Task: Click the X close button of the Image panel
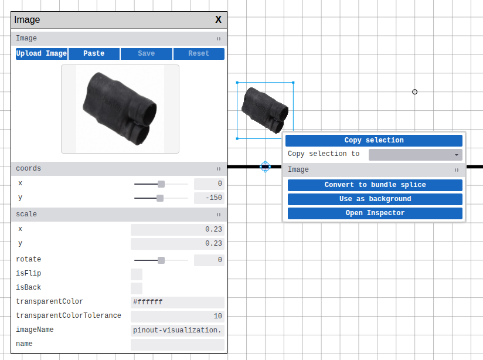point(219,19)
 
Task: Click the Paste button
point(94,53)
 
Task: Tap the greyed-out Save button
point(146,53)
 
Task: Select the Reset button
point(199,53)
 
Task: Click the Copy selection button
point(374,140)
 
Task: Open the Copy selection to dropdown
point(415,154)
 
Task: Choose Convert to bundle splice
point(375,185)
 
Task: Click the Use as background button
point(375,199)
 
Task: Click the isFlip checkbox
point(137,274)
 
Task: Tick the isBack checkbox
point(137,288)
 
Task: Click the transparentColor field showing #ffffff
point(177,302)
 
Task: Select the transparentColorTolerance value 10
point(177,316)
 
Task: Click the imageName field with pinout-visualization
point(177,330)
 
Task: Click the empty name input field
point(177,344)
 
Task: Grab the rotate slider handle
point(161,260)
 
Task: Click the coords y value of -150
point(209,198)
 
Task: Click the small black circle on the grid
point(415,92)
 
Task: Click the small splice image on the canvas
point(265,110)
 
